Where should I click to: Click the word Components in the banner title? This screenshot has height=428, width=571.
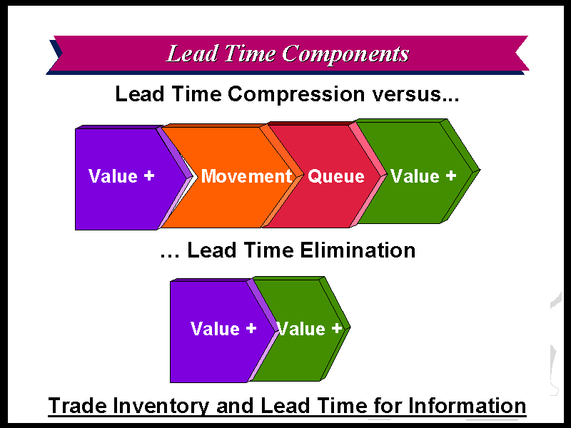pyautogui.click(x=345, y=55)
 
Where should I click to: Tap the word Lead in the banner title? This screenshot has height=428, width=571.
pyautogui.click(x=192, y=53)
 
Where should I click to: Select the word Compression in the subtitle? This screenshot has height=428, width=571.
pyautogui.click(x=296, y=95)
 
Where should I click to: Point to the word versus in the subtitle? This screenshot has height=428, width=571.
pyautogui.click(x=415, y=95)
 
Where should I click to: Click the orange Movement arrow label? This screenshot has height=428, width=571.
pyautogui.click(x=246, y=176)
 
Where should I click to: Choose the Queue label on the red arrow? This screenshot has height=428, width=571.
pyautogui.click(x=335, y=176)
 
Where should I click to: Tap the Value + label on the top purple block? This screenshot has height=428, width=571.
pyautogui.click(x=121, y=176)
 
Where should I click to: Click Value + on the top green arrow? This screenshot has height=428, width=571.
pyautogui.click(x=423, y=176)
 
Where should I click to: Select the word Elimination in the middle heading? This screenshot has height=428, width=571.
pyautogui.click(x=358, y=250)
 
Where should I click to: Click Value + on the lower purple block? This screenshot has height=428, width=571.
pyautogui.click(x=223, y=329)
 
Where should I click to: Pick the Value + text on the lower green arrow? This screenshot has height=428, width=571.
pyautogui.click(x=309, y=329)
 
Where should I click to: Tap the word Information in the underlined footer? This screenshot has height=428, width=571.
pyautogui.click(x=468, y=405)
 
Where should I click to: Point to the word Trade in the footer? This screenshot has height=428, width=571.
pyautogui.click(x=78, y=405)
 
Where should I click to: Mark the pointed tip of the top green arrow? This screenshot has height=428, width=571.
pyautogui.click(x=480, y=170)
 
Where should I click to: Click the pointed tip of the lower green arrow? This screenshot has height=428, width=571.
pyautogui.click(x=350, y=327)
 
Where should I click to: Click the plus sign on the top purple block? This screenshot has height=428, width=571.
pyautogui.click(x=149, y=175)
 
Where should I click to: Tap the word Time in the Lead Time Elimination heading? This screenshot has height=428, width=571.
pyautogui.click(x=269, y=250)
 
